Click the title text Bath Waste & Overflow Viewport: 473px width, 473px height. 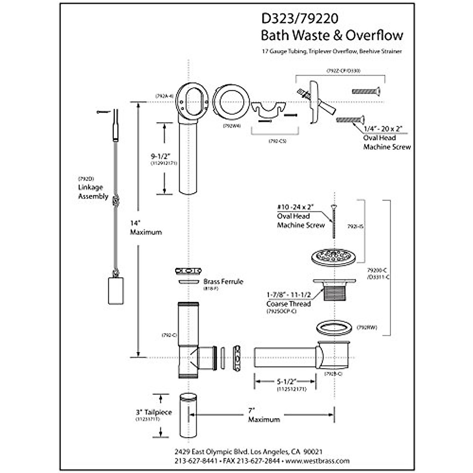pos(332,35)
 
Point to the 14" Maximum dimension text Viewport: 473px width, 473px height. pos(145,228)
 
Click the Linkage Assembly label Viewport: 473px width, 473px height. pos(93,192)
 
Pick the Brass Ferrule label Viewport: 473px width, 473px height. pos(223,281)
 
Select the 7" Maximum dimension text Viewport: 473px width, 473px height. pos(264,415)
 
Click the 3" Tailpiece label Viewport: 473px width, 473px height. pos(154,412)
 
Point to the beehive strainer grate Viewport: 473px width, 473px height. pos(334,257)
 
